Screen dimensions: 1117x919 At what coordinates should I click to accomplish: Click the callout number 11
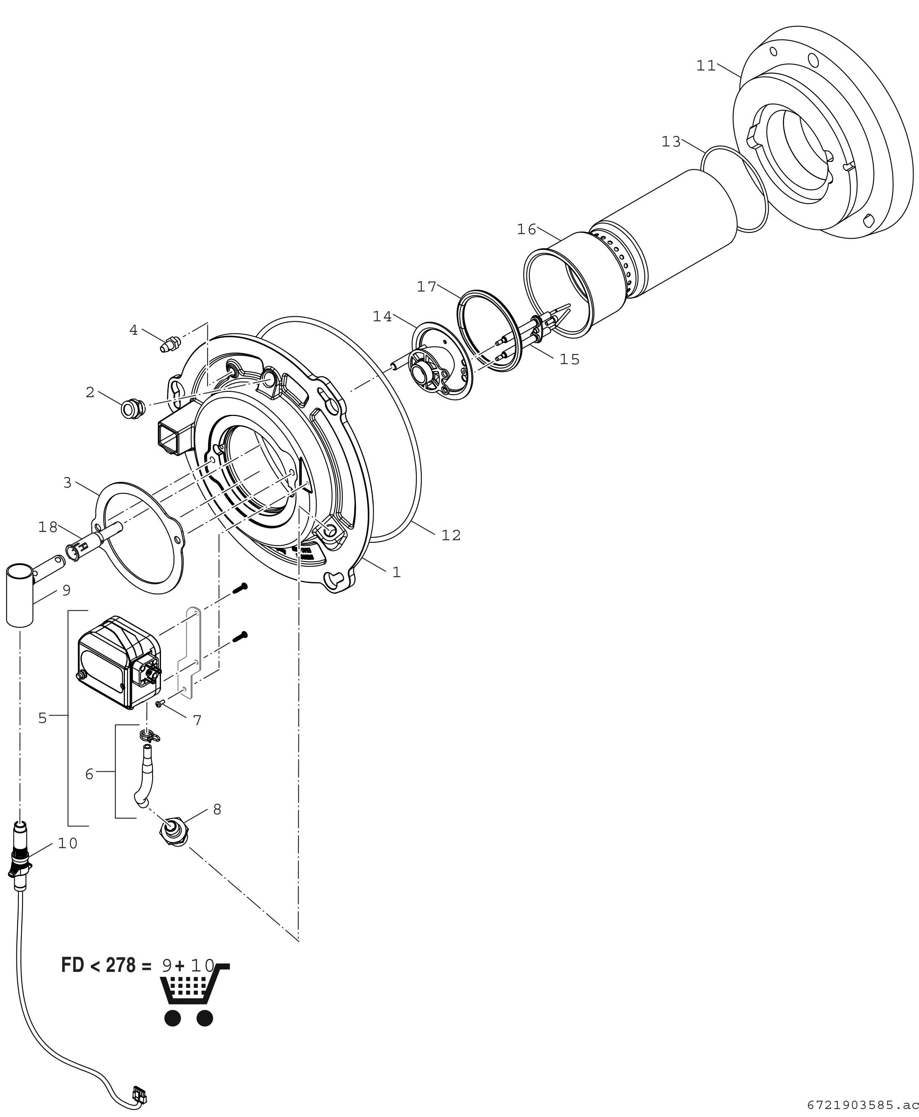pos(706,66)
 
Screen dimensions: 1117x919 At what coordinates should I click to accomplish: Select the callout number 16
pos(526,230)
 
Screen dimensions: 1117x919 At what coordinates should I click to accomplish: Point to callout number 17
pos(426,287)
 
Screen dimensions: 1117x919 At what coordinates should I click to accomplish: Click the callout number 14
pos(382,317)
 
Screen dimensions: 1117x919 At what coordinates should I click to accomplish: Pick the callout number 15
pos(570,359)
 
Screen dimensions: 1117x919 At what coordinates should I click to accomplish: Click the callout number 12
pos(451,536)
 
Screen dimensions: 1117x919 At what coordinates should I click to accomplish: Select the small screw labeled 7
pos(160,703)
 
